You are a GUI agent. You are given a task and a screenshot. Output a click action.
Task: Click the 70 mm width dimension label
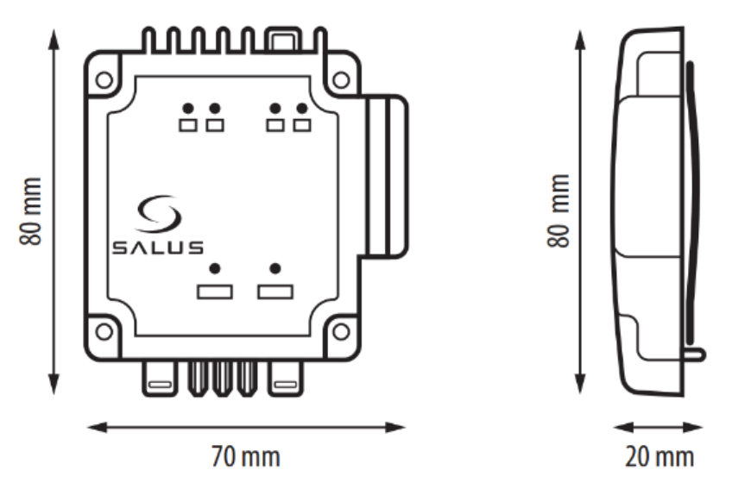tap(245, 457)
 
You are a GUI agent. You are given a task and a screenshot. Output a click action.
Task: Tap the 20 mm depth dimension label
tap(659, 457)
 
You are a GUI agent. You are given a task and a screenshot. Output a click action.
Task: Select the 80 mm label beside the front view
tap(31, 211)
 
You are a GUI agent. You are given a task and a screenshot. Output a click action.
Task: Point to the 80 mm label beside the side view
tap(558, 210)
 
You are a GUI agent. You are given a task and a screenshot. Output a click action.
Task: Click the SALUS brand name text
tap(158, 248)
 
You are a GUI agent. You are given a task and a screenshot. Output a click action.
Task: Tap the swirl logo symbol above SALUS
tap(158, 213)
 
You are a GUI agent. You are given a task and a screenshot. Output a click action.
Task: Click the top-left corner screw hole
tap(104, 80)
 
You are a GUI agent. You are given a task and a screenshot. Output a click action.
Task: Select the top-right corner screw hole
tap(341, 80)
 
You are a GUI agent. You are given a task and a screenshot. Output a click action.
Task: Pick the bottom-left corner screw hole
tap(104, 332)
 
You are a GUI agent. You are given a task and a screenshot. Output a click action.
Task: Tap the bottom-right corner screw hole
tap(341, 332)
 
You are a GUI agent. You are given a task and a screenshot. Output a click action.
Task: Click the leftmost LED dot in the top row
tap(188, 109)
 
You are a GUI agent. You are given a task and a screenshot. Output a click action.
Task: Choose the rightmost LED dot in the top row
tap(302, 109)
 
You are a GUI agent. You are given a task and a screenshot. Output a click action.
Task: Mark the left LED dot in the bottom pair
tap(215, 269)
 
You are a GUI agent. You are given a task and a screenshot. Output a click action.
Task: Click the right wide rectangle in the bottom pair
tap(275, 292)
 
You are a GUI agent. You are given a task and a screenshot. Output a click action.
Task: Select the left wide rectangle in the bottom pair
tap(215, 292)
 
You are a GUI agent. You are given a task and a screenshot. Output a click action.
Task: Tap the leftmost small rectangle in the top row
tap(188, 126)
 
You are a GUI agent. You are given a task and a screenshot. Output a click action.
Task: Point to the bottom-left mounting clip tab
tap(160, 379)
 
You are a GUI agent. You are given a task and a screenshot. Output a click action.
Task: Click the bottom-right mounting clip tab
tap(286, 379)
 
